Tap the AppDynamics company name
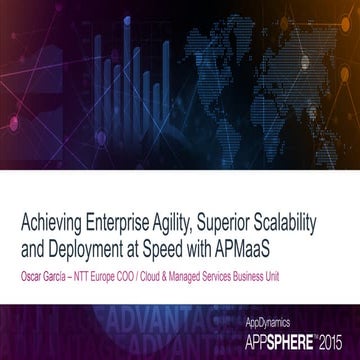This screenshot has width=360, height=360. (x=267, y=323)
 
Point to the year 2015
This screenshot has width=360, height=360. (x=336, y=341)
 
